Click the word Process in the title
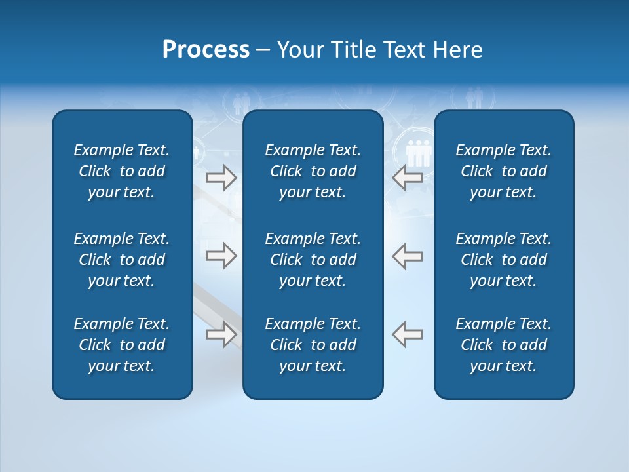pyautogui.click(x=206, y=50)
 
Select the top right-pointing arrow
pyautogui.click(x=221, y=178)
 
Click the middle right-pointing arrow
pyautogui.click(x=221, y=256)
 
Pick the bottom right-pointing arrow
pyautogui.click(x=221, y=334)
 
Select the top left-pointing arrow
pyautogui.click(x=408, y=178)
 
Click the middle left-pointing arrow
pyautogui.click(x=408, y=256)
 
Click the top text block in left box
pyautogui.click(x=122, y=171)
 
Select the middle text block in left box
pyautogui.click(x=122, y=260)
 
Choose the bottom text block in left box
pyautogui.click(x=122, y=345)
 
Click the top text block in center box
pyautogui.click(x=313, y=171)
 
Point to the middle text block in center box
pyautogui.click(x=313, y=260)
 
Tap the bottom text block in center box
pyautogui.click(x=313, y=345)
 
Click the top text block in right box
pyautogui.click(x=503, y=171)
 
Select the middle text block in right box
pyautogui.click(x=503, y=260)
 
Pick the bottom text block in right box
pyautogui.click(x=503, y=345)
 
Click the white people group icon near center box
pyautogui.click(x=418, y=153)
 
